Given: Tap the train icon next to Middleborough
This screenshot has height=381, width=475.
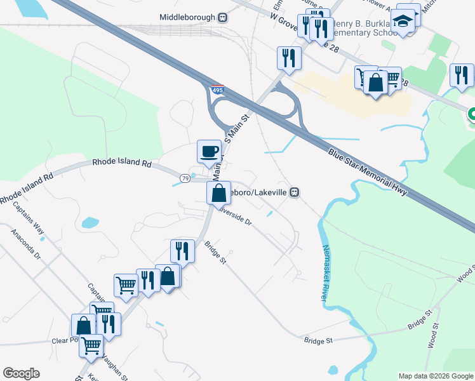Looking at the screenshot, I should [x=222, y=18].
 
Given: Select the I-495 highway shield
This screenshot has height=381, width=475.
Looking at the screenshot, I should [x=217, y=90].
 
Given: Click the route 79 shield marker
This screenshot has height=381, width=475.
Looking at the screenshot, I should [x=185, y=178].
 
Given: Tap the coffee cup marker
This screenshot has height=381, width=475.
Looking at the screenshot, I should [x=209, y=152].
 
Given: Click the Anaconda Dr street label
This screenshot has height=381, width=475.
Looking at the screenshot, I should [x=25, y=245].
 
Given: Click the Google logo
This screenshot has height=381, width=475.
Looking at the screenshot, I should [x=21, y=373].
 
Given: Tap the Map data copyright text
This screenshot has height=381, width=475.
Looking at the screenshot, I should [x=436, y=376].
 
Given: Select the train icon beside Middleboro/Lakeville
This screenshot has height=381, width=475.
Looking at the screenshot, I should [x=294, y=192].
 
